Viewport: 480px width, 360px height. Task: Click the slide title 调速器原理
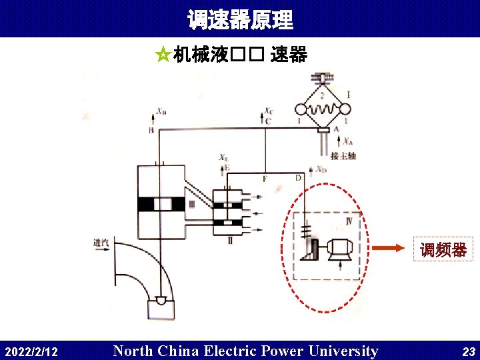tap(240, 19)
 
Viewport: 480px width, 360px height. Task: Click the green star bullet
tap(161, 55)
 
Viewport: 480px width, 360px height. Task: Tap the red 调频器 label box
tap(443, 249)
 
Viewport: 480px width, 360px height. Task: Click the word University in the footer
tap(345, 351)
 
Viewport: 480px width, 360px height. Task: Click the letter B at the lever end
tap(152, 131)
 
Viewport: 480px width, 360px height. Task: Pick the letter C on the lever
tap(268, 121)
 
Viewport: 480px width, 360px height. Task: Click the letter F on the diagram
tap(265, 179)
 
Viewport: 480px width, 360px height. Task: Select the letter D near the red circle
tap(297, 178)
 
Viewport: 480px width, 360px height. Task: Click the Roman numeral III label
tap(192, 205)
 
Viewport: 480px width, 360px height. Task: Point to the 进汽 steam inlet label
tap(101, 243)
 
